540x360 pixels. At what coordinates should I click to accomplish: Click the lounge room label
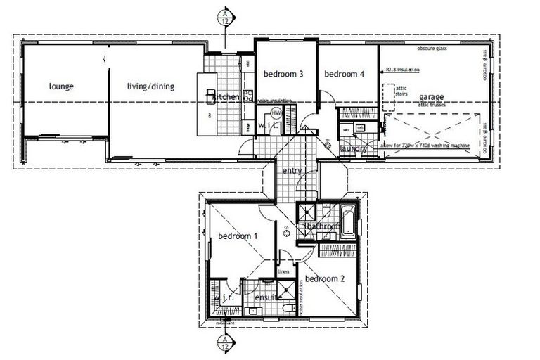(62, 87)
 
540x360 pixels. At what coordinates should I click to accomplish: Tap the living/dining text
(150, 87)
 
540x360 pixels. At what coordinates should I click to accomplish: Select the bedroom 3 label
(283, 74)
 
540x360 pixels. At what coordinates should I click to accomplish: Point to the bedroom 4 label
(344, 74)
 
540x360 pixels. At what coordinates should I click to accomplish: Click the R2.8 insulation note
(403, 70)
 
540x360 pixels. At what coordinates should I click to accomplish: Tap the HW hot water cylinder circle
(276, 112)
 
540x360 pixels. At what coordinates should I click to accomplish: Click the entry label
(292, 171)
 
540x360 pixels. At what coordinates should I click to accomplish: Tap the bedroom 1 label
(238, 236)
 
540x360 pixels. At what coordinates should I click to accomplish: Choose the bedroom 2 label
(325, 277)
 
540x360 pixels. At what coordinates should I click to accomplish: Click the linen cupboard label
(284, 271)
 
